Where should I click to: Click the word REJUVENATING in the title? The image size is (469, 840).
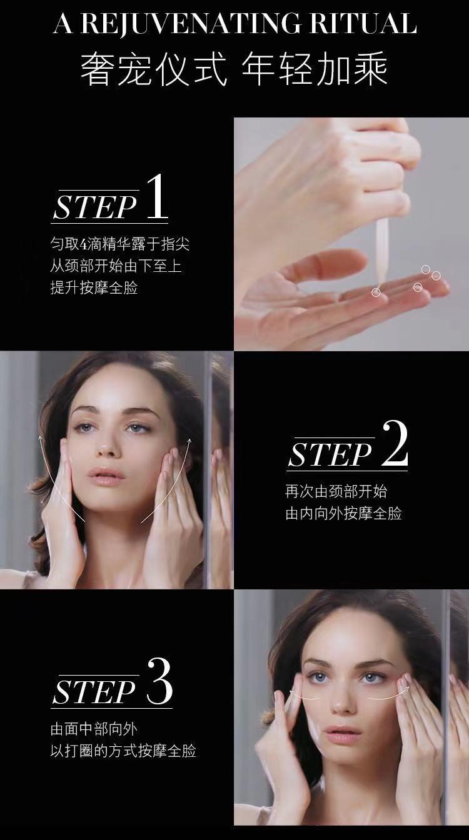(x=191, y=23)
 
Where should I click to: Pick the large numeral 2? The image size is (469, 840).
(x=395, y=444)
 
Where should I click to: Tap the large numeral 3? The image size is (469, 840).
(x=159, y=681)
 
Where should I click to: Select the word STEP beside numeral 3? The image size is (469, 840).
(x=94, y=692)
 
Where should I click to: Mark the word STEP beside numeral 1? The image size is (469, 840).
(x=94, y=207)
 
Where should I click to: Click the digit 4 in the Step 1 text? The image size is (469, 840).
(x=83, y=245)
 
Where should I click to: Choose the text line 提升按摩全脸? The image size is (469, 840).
(x=94, y=287)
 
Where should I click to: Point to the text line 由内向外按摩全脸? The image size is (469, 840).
(x=343, y=513)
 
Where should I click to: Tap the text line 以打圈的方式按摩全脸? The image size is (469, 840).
(x=123, y=751)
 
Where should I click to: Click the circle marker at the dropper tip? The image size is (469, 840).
(x=376, y=292)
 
